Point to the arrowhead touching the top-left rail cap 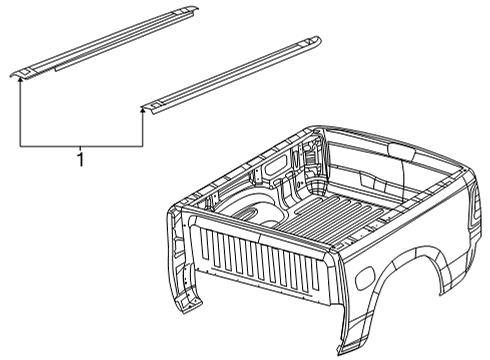20,79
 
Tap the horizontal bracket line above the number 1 81,146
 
